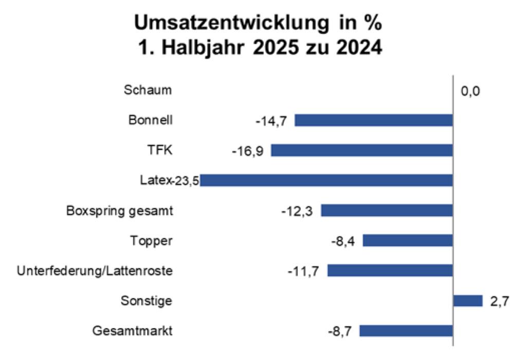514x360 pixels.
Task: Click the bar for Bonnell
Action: [374, 120]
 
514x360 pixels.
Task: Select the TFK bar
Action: [362, 150]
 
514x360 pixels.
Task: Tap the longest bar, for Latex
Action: [327, 180]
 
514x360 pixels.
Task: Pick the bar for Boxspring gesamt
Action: [387, 211]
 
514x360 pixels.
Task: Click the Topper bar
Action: [408, 240]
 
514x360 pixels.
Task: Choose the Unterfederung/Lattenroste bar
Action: [390, 270]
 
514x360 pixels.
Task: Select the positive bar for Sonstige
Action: [468, 300]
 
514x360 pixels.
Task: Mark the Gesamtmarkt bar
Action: [406, 331]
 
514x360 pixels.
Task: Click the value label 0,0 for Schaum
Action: [470, 92]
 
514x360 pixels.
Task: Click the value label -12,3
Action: [299, 211]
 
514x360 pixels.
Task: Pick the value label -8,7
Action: [340, 331]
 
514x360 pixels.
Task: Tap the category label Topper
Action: [152, 240]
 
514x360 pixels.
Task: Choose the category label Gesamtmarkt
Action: [133, 331]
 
